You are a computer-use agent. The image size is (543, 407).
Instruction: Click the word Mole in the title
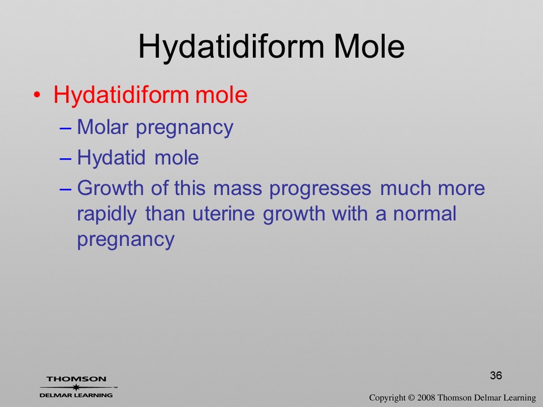point(369,46)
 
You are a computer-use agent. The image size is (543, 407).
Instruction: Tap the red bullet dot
point(37,94)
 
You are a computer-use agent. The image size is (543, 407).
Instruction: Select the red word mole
point(221,94)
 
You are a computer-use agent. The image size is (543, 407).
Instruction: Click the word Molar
point(102,127)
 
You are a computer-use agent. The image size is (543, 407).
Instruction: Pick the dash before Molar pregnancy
point(66,128)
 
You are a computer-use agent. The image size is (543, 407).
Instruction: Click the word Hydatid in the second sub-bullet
point(111,158)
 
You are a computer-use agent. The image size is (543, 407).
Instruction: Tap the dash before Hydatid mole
point(66,158)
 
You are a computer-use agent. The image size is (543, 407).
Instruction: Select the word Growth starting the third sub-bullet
point(110,188)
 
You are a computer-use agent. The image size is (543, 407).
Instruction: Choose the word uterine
point(224,214)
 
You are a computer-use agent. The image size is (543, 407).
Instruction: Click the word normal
point(425,214)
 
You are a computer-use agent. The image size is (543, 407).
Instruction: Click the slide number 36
point(496,375)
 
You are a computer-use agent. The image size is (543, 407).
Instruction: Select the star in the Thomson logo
point(76,387)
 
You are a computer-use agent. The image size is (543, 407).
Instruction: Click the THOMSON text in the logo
point(76,379)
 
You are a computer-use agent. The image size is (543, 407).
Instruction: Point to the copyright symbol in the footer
point(411,397)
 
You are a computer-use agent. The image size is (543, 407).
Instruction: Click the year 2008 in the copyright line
point(426,397)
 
